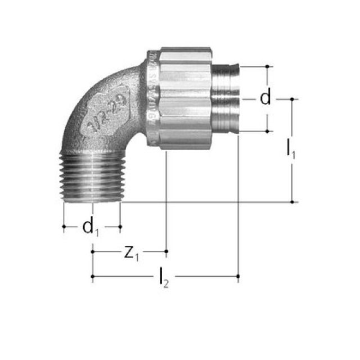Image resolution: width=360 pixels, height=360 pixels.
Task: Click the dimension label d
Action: (265, 98)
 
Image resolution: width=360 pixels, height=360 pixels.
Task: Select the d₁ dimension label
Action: (90, 227)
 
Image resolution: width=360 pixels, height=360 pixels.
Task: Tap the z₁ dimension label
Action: (130, 253)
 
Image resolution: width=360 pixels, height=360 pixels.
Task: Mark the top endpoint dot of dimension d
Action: (267, 66)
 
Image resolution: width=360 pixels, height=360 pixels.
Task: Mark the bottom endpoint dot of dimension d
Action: (267, 131)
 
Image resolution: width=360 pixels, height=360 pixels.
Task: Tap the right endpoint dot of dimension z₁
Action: (166, 250)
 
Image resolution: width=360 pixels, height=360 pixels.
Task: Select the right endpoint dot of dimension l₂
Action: (238, 276)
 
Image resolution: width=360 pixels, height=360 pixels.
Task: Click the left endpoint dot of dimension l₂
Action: (92, 276)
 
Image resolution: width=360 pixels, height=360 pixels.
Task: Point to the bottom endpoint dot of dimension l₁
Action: (292, 201)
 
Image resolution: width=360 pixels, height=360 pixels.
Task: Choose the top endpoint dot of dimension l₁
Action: (292, 99)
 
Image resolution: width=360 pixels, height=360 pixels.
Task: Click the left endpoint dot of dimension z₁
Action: (92, 250)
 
